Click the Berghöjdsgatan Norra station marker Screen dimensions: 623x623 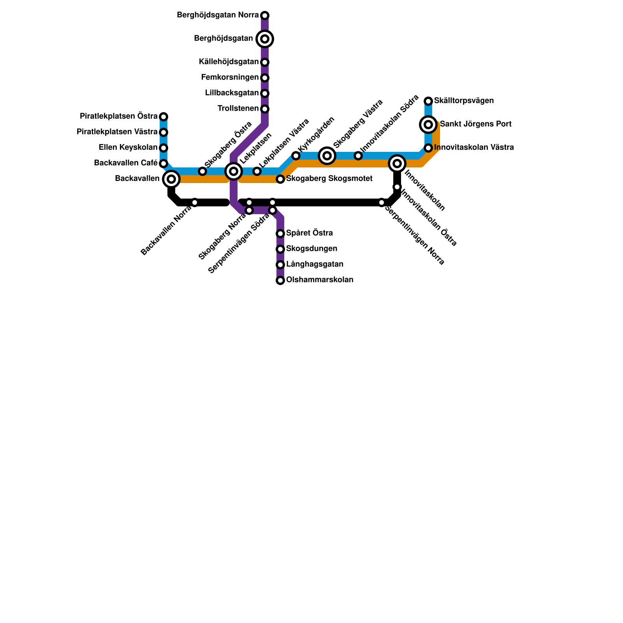click(265, 16)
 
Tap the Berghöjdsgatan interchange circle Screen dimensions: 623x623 click(265, 39)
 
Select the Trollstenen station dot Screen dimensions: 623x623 click(265, 109)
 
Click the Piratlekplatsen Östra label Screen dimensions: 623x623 click(118, 116)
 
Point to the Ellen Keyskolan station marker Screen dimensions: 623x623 click(164, 148)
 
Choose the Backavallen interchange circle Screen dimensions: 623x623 click(171, 179)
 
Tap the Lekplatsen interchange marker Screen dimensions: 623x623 click(234, 171)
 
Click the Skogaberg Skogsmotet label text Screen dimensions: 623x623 click(329, 179)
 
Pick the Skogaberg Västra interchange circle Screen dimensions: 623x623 click(327, 156)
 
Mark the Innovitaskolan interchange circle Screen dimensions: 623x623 click(397, 164)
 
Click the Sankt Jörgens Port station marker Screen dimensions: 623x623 click(428, 125)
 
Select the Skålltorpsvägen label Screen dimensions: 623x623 click(464, 101)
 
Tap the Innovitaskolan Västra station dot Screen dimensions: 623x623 click(428, 148)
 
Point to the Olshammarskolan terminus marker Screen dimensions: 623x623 click(280, 280)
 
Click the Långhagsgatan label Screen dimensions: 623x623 click(315, 264)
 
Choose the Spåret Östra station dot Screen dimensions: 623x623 click(280, 234)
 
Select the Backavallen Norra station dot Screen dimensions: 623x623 click(195, 202)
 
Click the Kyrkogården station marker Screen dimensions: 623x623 click(296, 156)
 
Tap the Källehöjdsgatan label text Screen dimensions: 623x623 click(229, 62)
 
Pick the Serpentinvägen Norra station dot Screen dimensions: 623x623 click(382, 202)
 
